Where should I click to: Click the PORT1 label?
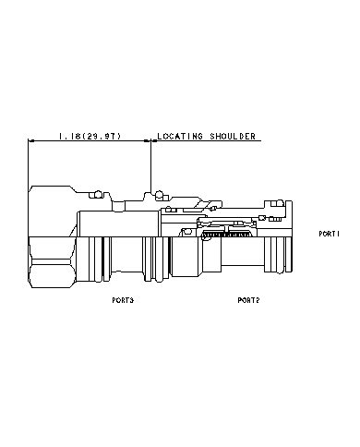(x=330, y=233)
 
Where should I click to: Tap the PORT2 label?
(x=248, y=300)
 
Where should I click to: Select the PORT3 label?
(x=122, y=300)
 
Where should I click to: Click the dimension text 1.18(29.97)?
(x=89, y=136)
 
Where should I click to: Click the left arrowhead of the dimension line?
(x=32, y=141)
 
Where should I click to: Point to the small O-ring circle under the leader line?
(x=160, y=194)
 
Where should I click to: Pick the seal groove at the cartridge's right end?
(x=275, y=254)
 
